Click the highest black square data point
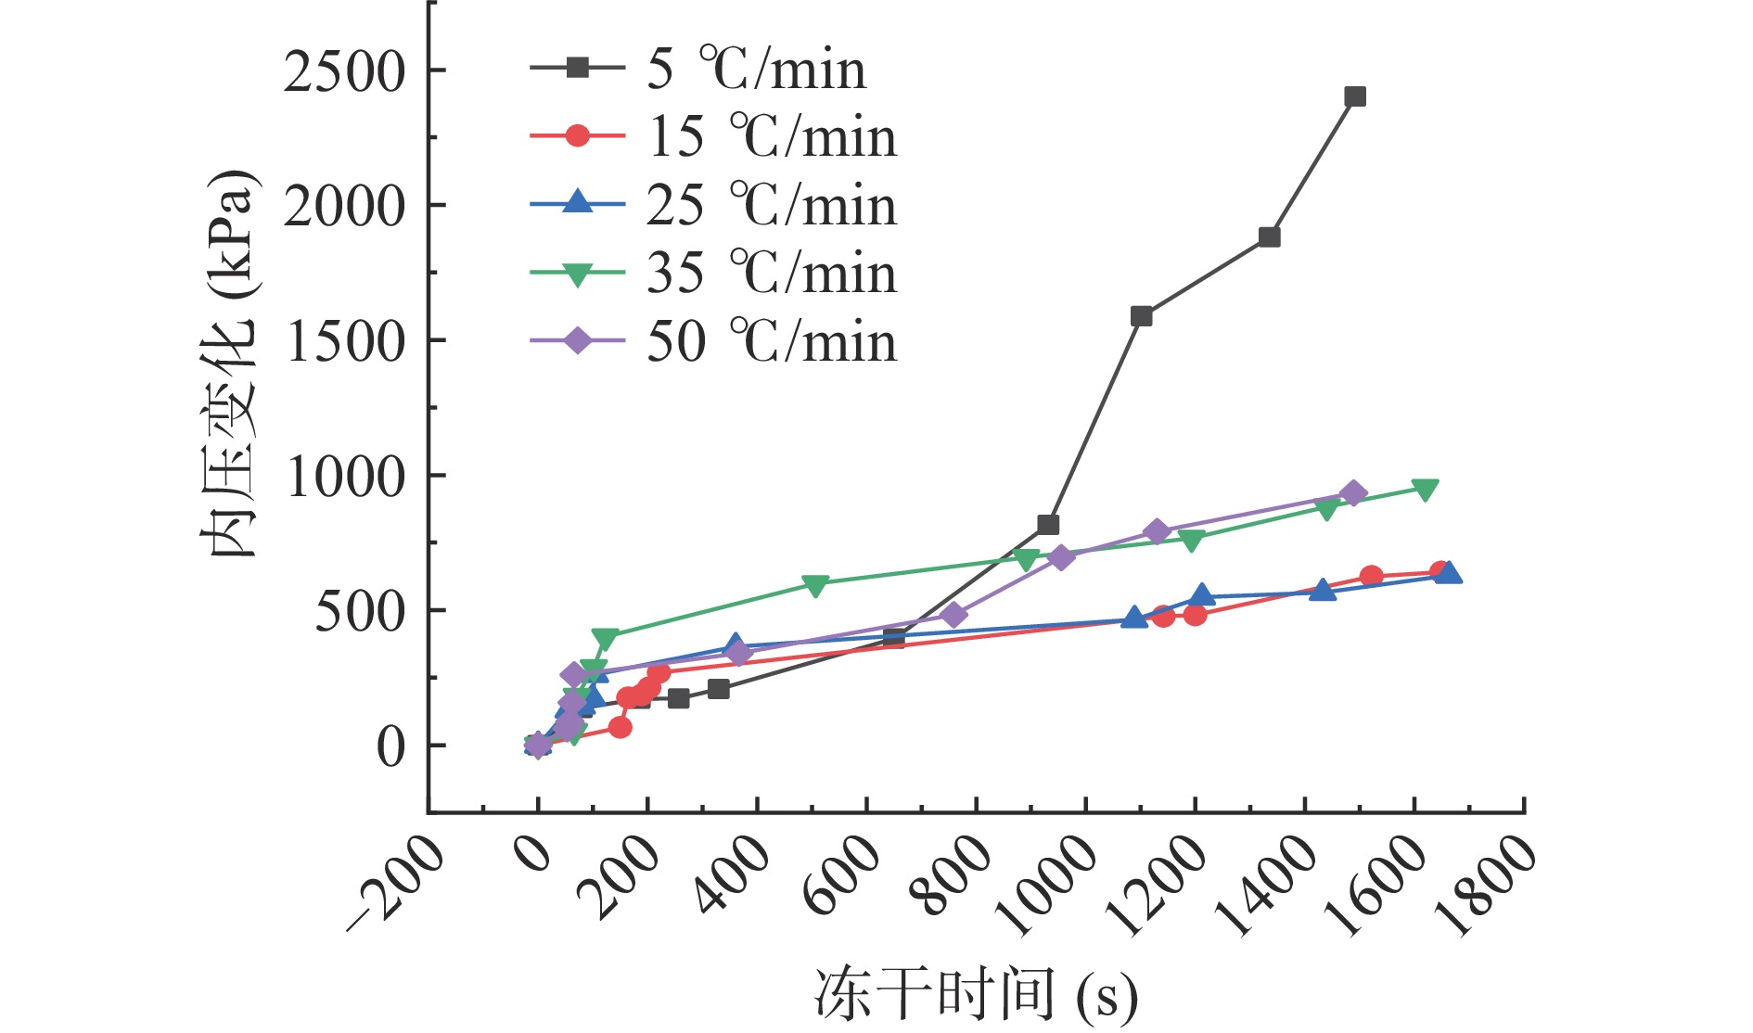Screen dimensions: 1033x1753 [x=1355, y=96]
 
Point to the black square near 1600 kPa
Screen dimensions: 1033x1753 [x=1142, y=316]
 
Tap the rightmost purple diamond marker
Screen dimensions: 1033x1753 [x=1353, y=493]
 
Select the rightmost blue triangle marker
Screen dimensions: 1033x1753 [x=1449, y=573]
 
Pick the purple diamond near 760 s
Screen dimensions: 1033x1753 [x=953, y=615]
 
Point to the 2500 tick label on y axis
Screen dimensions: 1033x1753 [x=344, y=71]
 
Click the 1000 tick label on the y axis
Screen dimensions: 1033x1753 [x=346, y=477]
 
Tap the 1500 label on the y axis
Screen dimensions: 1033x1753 [x=346, y=342]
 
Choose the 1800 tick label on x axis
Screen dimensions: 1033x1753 [x=1485, y=886]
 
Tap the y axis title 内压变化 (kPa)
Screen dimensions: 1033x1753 [x=228, y=363]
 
